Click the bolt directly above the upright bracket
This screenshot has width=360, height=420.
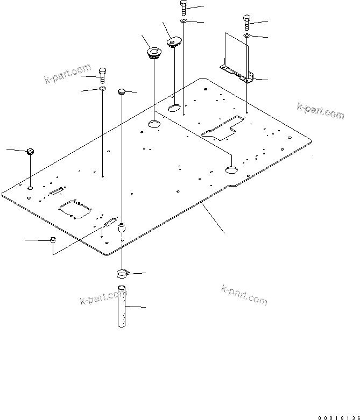(246, 22)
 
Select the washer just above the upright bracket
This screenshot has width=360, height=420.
(246, 35)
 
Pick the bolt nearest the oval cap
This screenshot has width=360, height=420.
(183, 9)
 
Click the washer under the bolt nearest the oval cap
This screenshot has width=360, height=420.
(183, 21)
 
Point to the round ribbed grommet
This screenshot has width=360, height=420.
(154, 53)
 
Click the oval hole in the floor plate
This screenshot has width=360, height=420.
(174, 109)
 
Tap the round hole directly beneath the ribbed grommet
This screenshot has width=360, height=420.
(154, 125)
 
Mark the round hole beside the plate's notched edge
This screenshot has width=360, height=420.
(231, 170)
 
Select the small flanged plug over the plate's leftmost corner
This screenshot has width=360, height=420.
(31, 151)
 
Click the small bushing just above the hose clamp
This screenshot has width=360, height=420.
(122, 228)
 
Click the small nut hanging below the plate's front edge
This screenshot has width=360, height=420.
(53, 239)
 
